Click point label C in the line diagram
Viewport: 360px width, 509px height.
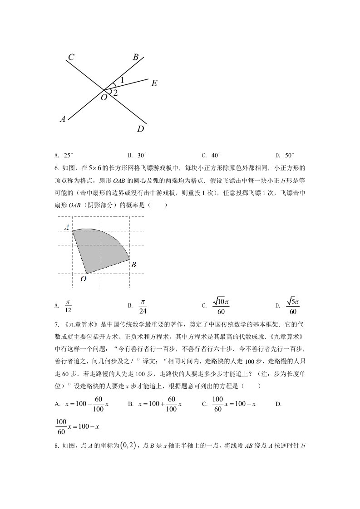click(x=71, y=57)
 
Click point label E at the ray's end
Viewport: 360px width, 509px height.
click(x=154, y=83)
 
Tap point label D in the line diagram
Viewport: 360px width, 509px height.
click(x=141, y=129)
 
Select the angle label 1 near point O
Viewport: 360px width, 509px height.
click(x=122, y=80)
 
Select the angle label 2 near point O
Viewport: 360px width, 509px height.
click(x=116, y=93)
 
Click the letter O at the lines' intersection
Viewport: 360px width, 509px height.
click(x=104, y=97)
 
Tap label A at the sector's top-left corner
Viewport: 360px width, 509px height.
click(x=67, y=227)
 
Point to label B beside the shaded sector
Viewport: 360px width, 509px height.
click(x=133, y=264)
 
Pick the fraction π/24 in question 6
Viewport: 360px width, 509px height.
click(x=142, y=306)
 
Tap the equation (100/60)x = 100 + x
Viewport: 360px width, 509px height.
click(x=234, y=403)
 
